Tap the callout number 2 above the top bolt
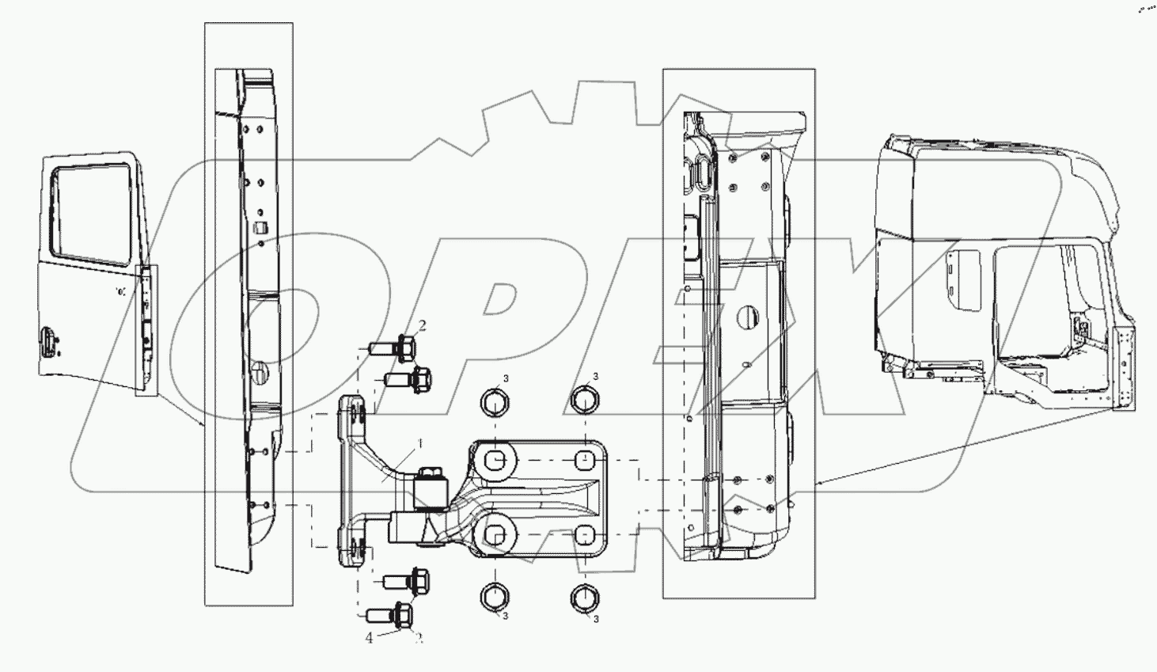pos(423,325)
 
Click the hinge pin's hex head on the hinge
pos(432,476)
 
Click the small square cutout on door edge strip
pos(259,228)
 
